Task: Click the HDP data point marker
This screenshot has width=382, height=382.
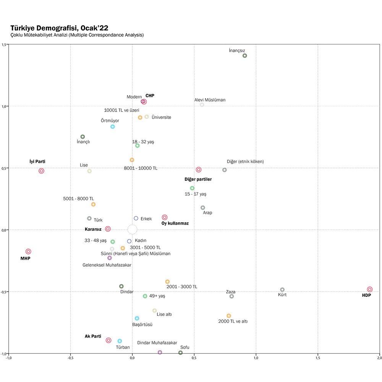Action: (x=369, y=290)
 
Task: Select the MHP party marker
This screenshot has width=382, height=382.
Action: (x=28, y=251)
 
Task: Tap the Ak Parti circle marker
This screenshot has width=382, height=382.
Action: (x=108, y=340)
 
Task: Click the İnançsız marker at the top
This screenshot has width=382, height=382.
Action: (x=245, y=56)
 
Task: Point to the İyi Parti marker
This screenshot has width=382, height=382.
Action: (x=41, y=171)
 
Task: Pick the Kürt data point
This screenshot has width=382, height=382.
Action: (x=282, y=290)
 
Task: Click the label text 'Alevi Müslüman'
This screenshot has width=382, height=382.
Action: (x=210, y=100)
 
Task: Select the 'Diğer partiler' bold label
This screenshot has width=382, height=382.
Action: (x=198, y=179)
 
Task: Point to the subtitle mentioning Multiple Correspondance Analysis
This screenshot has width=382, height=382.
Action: (x=77, y=35)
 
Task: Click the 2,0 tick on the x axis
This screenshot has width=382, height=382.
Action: (x=379, y=358)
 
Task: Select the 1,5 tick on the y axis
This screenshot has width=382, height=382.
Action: (x=4, y=44)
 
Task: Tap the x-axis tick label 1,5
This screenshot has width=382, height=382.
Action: (x=317, y=358)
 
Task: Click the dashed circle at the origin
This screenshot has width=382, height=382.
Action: (x=132, y=229)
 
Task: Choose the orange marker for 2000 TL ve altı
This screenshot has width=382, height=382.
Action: (x=229, y=316)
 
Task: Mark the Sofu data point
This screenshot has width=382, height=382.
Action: (x=180, y=353)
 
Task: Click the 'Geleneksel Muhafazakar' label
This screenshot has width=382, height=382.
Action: (x=107, y=265)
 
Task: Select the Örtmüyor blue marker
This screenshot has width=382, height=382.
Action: (x=113, y=127)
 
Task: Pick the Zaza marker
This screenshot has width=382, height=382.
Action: (x=231, y=296)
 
